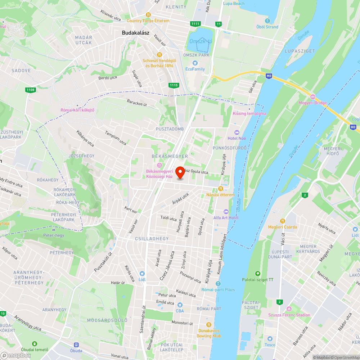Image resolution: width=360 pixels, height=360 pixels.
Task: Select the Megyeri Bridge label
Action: click(312, 103)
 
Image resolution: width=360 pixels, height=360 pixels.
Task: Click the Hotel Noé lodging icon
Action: click(237, 132)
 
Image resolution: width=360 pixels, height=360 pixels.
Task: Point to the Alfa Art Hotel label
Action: click(226, 218)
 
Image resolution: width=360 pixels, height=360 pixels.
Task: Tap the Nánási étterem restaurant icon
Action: click(221, 188)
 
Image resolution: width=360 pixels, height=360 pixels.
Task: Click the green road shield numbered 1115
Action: click(174, 85)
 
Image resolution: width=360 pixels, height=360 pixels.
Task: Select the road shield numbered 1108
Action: click(31, 90)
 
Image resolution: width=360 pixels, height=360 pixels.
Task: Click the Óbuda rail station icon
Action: click(76, 345)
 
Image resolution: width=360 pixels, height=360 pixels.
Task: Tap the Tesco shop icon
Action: click(270, 339)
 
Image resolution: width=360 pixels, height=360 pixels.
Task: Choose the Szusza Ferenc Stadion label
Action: click(289, 315)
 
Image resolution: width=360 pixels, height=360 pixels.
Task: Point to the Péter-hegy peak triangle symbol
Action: click(54, 229)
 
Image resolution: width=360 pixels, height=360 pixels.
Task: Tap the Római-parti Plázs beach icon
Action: click(218, 284)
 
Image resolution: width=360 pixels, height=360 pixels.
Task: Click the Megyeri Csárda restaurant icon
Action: click(283, 221)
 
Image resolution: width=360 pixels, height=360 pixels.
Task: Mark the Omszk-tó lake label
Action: click(201, 41)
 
